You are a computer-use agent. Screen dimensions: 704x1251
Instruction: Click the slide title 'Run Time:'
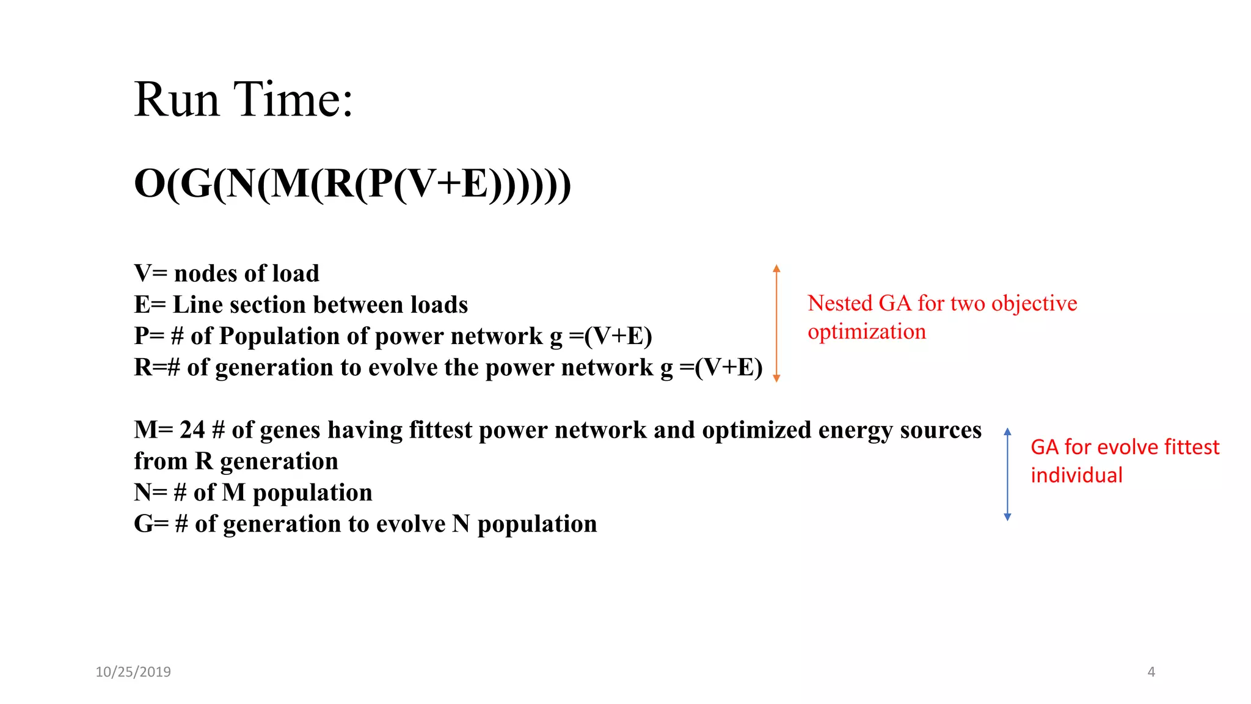(243, 99)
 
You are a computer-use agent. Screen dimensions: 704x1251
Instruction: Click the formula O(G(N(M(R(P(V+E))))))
(352, 183)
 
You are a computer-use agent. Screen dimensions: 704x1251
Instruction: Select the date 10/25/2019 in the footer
(133, 672)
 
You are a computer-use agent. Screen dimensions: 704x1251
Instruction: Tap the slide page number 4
(1151, 672)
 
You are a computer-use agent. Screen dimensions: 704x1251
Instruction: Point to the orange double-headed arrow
(776, 323)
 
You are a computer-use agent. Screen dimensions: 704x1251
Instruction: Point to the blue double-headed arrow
(1007, 474)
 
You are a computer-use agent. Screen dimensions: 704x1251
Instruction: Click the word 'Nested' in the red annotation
(839, 303)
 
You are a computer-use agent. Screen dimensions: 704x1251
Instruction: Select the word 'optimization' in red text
(866, 332)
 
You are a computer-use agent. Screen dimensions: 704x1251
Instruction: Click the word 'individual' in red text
(1076, 475)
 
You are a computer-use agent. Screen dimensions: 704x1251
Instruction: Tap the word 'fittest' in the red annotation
(1192, 447)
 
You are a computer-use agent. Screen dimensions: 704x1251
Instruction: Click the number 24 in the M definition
(192, 430)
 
